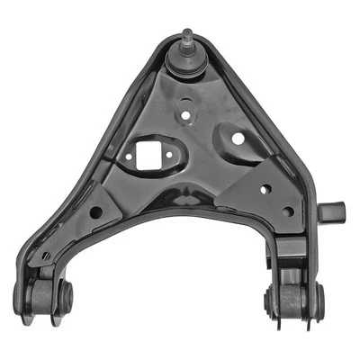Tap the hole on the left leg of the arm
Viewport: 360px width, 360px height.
click(94, 212)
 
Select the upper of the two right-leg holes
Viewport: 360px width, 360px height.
click(265, 189)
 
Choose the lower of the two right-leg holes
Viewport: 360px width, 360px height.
click(287, 212)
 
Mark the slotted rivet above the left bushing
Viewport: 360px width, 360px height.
click(46, 256)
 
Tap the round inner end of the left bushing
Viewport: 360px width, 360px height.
click(64, 293)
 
